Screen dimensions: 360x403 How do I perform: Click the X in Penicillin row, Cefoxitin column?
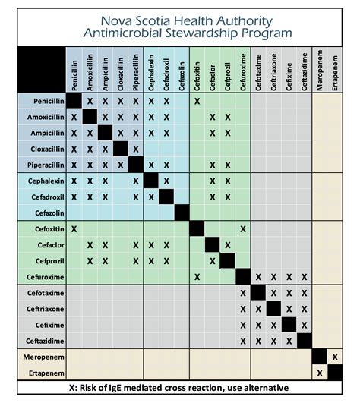[x=197, y=101]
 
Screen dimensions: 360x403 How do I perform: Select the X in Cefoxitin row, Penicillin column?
[x=74, y=228]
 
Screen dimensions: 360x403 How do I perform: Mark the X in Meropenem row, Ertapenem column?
[x=335, y=357]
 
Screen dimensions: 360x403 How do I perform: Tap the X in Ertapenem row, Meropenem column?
[x=320, y=373]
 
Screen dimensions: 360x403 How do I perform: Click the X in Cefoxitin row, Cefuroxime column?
[x=243, y=228]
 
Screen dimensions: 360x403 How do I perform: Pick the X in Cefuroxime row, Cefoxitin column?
[x=197, y=277]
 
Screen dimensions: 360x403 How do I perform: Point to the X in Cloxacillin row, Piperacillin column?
[x=135, y=149]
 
